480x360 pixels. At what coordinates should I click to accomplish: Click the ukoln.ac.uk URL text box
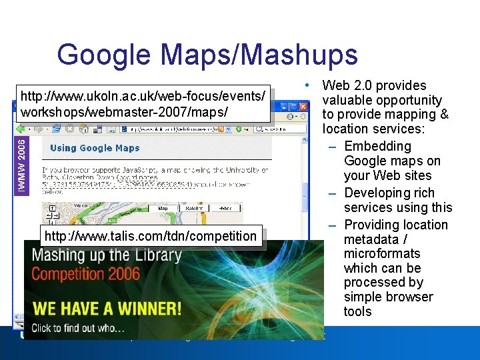(x=144, y=103)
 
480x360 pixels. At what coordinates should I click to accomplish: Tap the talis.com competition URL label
(x=150, y=236)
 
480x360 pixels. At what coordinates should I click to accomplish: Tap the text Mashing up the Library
(x=107, y=255)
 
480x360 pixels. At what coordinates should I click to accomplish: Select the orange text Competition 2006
(x=86, y=273)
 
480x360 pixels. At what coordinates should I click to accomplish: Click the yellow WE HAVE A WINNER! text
(x=107, y=309)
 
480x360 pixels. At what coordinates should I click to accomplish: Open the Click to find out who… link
(x=77, y=327)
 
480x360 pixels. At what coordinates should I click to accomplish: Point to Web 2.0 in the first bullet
(x=345, y=85)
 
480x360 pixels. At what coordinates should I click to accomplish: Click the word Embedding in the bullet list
(x=377, y=146)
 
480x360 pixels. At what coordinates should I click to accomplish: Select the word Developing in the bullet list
(x=379, y=193)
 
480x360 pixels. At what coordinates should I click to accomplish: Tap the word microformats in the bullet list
(x=382, y=253)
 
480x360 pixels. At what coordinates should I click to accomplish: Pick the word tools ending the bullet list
(x=357, y=311)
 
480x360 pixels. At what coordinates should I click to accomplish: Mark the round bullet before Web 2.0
(x=305, y=85)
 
